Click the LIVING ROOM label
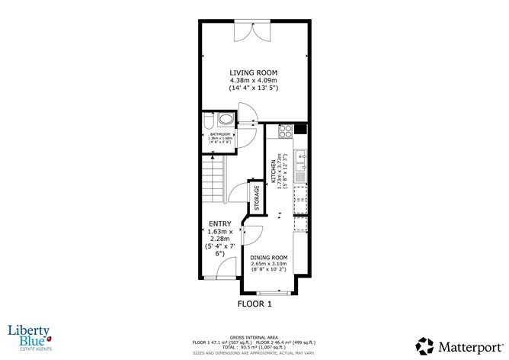tap(253, 73)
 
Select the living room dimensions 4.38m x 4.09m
tap(253, 81)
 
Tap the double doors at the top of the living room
tap(253, 32)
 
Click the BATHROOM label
tap(220, 134)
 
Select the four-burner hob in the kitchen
tap(287, 130)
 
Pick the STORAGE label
tap(257, 198)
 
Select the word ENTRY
tap(220, 223)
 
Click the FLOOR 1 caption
tap(254, 304)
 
